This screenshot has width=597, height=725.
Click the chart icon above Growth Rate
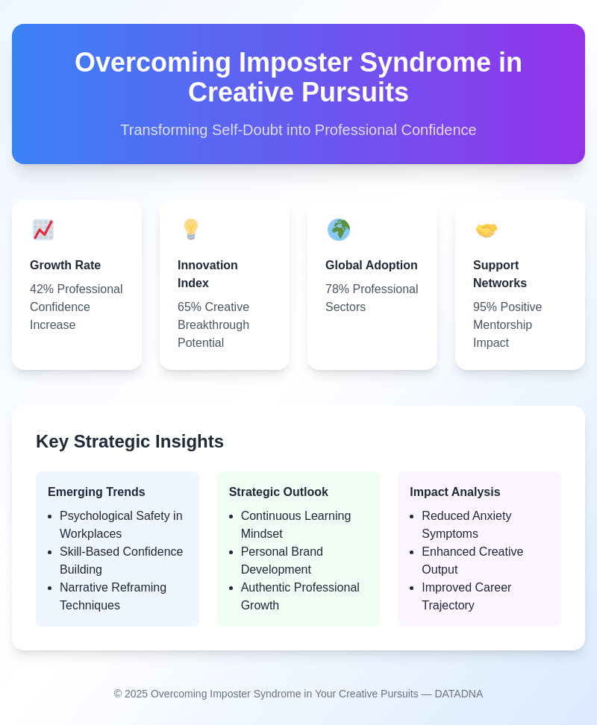click(x=43, y=230)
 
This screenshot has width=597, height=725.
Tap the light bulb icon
click(x=191, y=229)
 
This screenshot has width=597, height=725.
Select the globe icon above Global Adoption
click(x=339, y=230)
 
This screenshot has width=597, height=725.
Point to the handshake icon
click(x=487, y=230)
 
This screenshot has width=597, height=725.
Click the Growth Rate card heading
click(x=65, y=265)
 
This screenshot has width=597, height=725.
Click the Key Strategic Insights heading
click(x=130, y=442)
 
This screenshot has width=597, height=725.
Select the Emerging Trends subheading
click(x=96, y=492)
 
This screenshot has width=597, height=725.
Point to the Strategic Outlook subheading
click(x=278, y=492)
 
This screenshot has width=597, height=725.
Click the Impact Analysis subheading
click(x=455, y=492)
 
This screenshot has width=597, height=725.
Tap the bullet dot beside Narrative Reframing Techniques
click(x=50, y=589)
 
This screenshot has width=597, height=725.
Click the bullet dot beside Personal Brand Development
click(x=231, y=552)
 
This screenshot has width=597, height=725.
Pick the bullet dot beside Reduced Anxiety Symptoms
click(x=412, y=516)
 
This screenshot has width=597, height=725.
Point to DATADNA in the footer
click(x=459, y=694)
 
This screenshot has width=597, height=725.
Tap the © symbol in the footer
click(x=118, y=694)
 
